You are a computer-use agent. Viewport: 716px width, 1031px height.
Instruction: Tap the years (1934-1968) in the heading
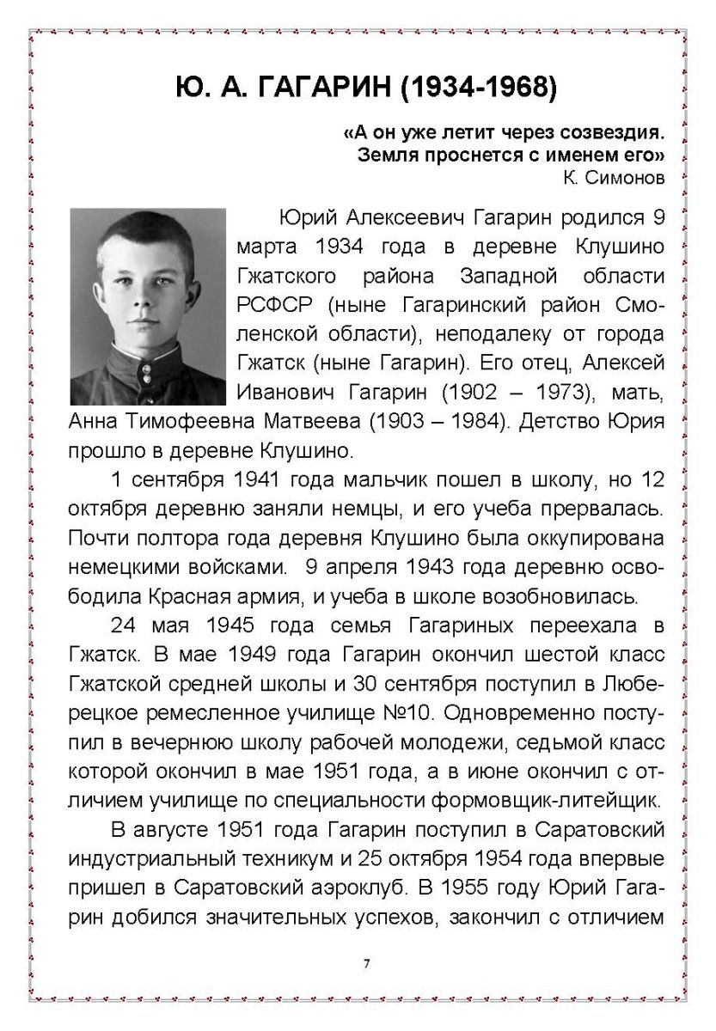tap(482, 87)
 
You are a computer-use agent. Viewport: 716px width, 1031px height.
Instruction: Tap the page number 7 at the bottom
tap(366, 963)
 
